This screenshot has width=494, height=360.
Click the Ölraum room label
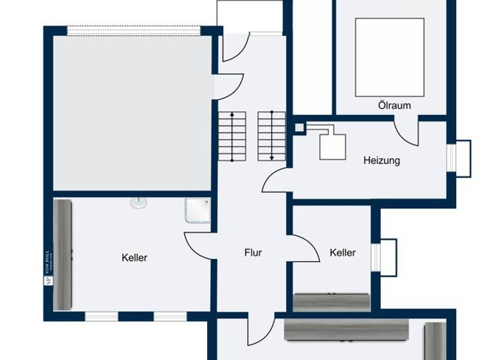point(394,105)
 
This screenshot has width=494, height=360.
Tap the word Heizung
point(381,160)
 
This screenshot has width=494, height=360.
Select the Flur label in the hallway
point(253,253)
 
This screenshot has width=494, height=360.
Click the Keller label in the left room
point(134,258)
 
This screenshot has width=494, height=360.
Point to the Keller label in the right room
point(342,253)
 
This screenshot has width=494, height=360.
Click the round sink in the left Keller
point(138,203)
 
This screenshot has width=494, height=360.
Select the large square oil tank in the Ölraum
point(389,57)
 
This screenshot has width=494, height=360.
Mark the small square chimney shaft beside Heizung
point(299,127)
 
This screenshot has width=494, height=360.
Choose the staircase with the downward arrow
point(271,136)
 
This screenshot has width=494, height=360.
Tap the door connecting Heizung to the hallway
point(277,179)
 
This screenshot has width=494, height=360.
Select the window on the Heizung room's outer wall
point(461,157)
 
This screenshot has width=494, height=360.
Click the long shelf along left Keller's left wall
point(62,254)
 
